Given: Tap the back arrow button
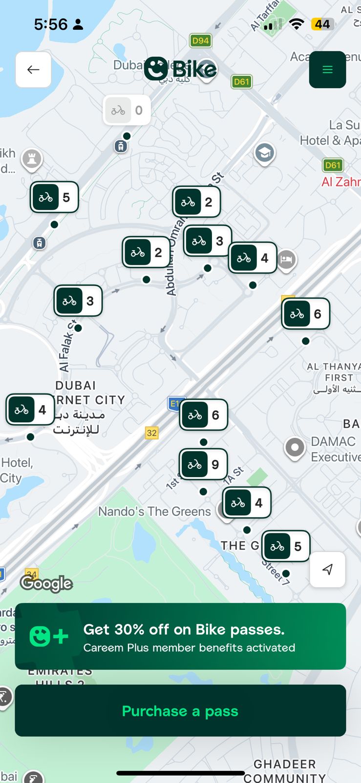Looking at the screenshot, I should coord(33,69).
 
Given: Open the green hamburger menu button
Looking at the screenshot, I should coord(327,69).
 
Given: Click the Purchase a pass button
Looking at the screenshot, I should coord(180,711).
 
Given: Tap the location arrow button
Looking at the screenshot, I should coord(327,569).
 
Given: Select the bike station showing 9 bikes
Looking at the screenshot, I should coord(203,464).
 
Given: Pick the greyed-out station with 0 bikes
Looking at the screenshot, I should coord(127,110).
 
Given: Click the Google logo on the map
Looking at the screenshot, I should coord(46,583).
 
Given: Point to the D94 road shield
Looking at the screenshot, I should coord(200,41).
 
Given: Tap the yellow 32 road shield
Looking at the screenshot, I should coord(152,433).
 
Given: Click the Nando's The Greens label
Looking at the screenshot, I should coord(154,511).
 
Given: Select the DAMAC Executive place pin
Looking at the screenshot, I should coord(295,447).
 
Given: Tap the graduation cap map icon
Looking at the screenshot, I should coord(264,153).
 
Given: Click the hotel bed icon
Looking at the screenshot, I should coord(287,259).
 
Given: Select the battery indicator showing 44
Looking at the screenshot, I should coord(322,24).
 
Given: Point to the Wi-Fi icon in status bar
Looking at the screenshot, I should coord(296,24).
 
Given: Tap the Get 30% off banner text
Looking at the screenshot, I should coord(184,629).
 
